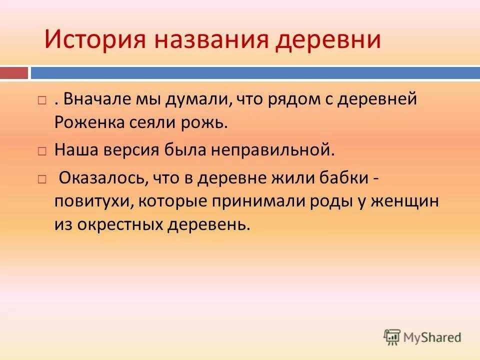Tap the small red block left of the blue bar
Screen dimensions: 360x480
coord(14,73)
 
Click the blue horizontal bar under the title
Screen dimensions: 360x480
coord(255,73)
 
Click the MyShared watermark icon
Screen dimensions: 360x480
coord(392,336)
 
